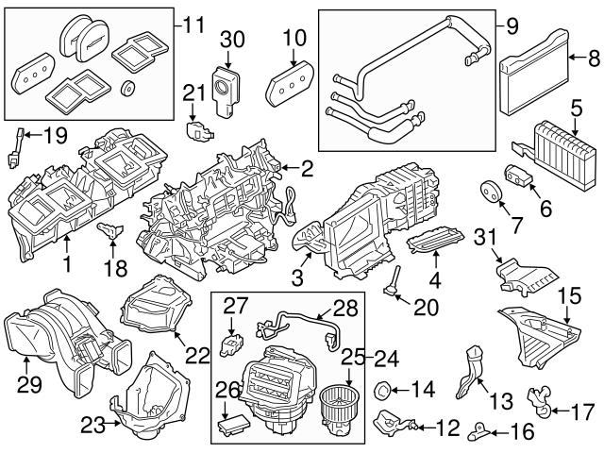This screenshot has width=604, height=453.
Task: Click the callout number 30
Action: [232, 39]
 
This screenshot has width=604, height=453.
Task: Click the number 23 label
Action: [91, 426]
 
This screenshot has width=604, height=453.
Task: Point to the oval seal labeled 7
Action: [489, 189]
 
